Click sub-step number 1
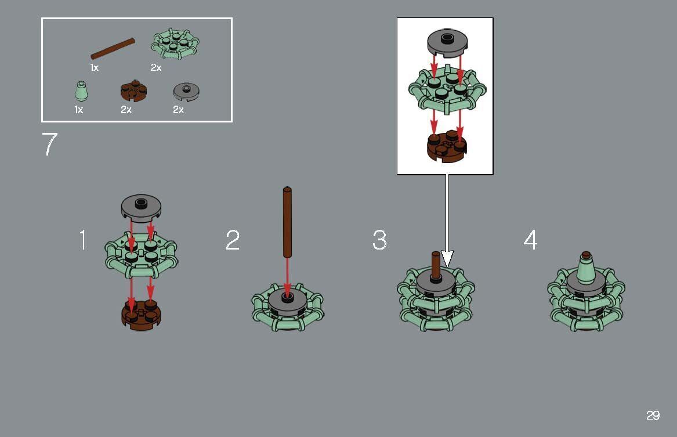tap(83, 240)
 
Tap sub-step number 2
tap(232, 240)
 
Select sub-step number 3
tap(379, 240)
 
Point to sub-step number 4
tap(530, 240)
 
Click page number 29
tap(653, 416)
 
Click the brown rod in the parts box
tap(113, 49)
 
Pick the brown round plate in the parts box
tap(133, 91)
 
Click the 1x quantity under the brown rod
tap(95, 68)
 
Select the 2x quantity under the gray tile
tap(178, 110)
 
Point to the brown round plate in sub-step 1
tap(141, 316)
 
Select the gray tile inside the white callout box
tap(446, 44)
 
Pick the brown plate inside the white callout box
tap(446, 147)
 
